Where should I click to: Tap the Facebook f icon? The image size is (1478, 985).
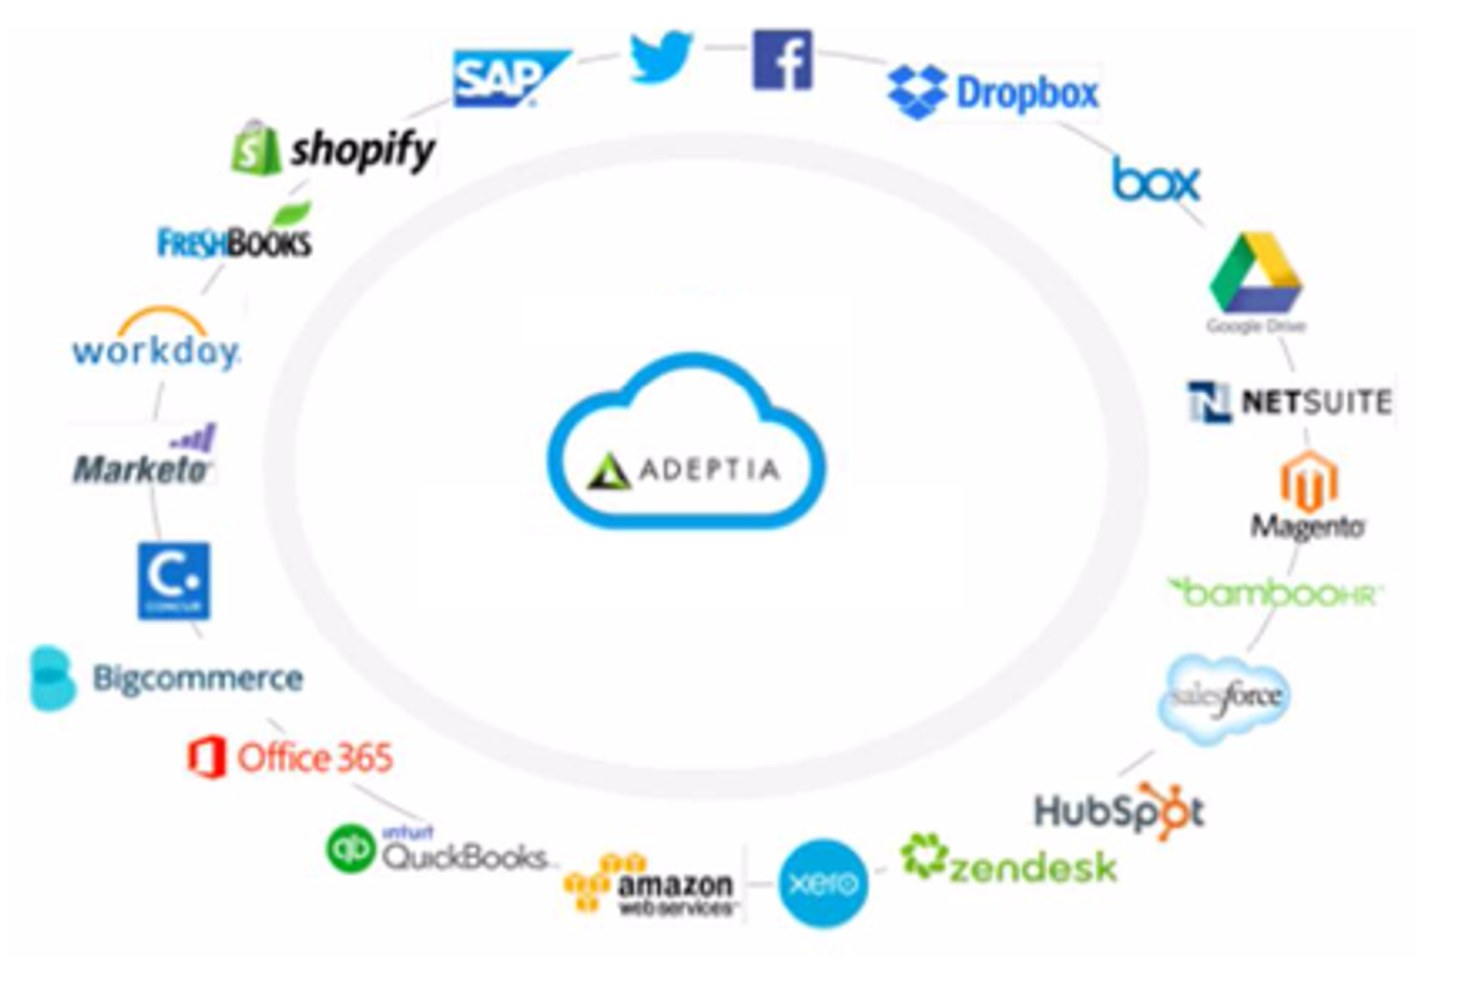click(x=782, y=60)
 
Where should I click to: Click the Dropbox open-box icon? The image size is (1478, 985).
click(x=916, y=92)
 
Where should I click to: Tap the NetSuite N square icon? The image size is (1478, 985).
click(x=1209, y=402)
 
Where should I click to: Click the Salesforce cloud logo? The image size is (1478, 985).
click(x=1225, y=698)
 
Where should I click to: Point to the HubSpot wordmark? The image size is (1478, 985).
click(x=1119, y=811)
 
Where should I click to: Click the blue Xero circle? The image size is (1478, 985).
click(x=823, y=883)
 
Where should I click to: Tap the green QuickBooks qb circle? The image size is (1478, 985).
click(x=350, y=849)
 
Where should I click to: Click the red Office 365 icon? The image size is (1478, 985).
click(x=206, y=757)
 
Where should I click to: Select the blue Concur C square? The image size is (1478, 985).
click(x=174, y=580)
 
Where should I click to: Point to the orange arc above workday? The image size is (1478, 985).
click(x=163, y=320)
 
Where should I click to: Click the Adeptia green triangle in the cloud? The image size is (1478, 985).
click(x=609, y=471)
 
